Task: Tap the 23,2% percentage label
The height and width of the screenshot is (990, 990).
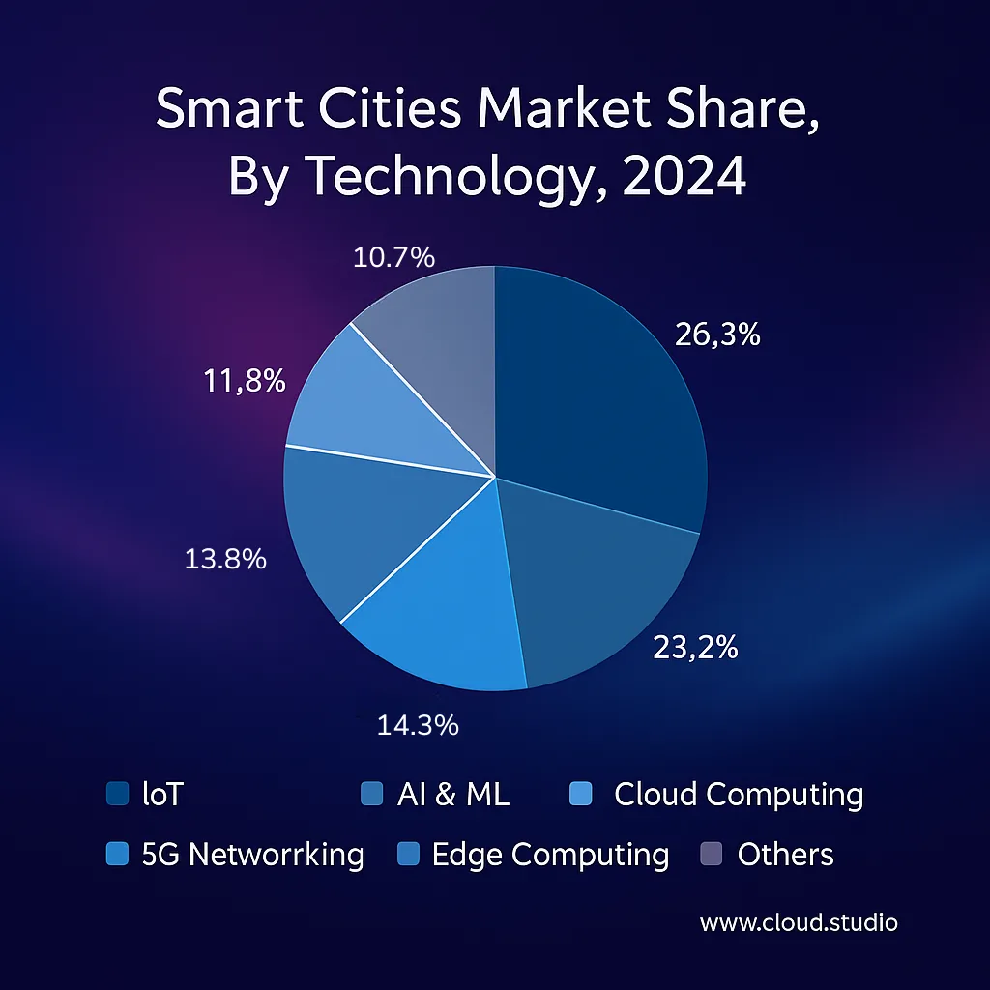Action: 695,648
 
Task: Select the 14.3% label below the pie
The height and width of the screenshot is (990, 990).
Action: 417,725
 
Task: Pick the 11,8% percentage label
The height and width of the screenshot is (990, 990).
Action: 245,381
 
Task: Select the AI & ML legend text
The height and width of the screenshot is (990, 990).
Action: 452,795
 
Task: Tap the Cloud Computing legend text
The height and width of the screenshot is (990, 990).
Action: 739,795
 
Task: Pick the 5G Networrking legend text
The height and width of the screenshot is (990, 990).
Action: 252,855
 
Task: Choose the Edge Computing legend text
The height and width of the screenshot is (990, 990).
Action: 550,855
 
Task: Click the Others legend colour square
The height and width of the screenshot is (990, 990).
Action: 710,855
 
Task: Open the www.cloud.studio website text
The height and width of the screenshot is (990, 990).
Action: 799,923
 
